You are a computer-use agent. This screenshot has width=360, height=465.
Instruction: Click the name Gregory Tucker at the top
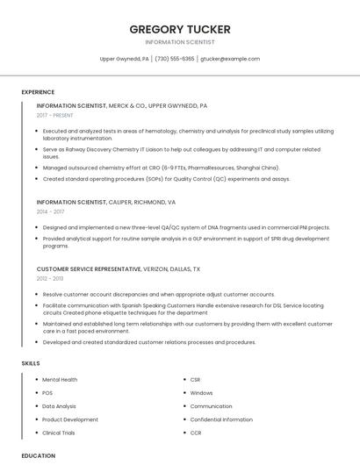click(180, 29)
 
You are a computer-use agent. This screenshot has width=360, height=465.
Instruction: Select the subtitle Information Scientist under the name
click(180, 42)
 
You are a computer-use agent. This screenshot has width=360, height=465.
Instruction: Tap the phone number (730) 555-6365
click(175, 59)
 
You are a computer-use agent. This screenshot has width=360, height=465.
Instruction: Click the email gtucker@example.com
click(230, 59)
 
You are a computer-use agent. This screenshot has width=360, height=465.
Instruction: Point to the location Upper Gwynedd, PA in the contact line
click(124, 59)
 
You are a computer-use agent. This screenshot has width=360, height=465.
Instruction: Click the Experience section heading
click(38, 92)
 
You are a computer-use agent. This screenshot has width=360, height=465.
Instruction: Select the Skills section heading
click(31, 362)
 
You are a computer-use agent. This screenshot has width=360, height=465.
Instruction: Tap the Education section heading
click(39, 455)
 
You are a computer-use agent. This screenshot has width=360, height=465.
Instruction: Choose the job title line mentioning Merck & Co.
click(121, 105)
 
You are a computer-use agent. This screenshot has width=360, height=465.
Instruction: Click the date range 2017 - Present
click(54, 115)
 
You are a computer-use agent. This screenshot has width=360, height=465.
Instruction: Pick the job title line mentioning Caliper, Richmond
click(105, 202)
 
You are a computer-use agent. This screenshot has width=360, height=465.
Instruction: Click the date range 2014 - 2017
click(50, 211)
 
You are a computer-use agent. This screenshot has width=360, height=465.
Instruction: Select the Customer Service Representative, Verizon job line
click(118, 269)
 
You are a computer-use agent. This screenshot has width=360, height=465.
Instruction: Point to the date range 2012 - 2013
click(50, 279)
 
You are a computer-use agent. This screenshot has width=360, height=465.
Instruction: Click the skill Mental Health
click(60, 380)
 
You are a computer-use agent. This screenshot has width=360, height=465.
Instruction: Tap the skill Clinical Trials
click(60, 433)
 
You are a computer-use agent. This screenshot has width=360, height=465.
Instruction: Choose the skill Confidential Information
click(221, 419)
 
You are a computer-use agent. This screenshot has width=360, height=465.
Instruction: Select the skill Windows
click(201, 393)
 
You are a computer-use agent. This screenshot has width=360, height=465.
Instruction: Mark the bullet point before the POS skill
click(35, 393)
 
